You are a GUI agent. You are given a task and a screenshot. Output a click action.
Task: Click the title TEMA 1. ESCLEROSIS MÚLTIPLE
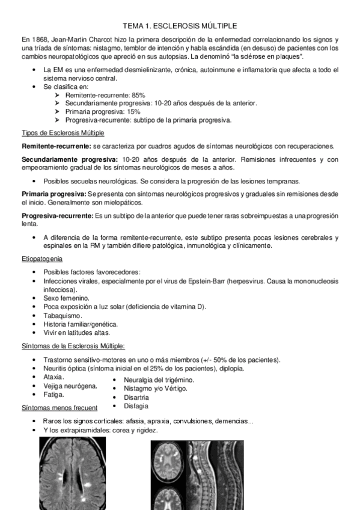[x=180, y=26]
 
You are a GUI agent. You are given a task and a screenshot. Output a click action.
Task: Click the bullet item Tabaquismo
[x=63, y=315]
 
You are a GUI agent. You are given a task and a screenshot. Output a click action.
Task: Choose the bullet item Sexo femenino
[x=66, y=298]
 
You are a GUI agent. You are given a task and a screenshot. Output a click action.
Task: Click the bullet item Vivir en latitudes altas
[x=76, y=332]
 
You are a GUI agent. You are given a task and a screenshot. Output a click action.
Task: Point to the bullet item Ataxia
[x=53, y=376]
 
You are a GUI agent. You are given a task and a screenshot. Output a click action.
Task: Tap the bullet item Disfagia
[x=136, y=405]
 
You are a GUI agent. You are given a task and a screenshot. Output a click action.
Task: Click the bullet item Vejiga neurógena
[x=70, y=386]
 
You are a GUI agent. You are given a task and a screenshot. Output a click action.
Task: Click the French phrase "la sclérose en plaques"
[x=264, y=57]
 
